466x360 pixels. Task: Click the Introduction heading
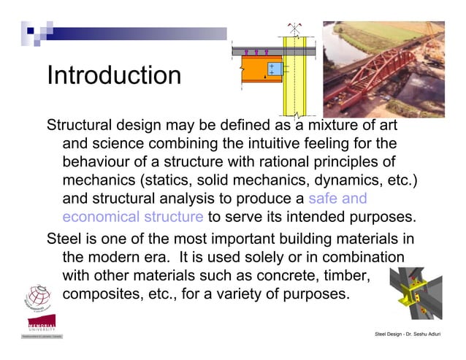113,75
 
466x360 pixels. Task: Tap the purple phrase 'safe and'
337,198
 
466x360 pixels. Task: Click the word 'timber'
346,276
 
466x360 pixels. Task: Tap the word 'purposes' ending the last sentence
316,295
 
